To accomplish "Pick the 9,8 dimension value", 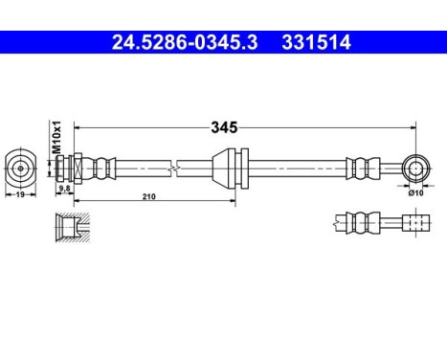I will click(65, 190).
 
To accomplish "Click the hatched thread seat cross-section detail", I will click(69, 228).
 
